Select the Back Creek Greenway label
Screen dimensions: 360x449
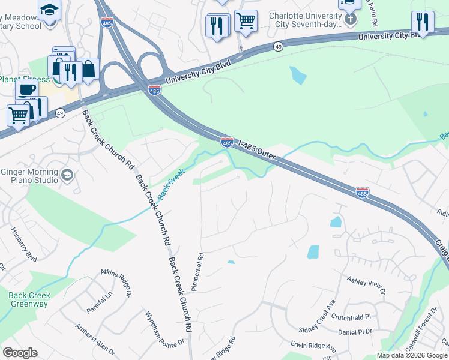pyautogui.click(x=29, y=299)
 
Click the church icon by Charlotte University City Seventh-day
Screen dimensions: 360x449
pyautogui.click(x=351, y=18)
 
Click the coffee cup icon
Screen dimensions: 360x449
pyautogui.click(x=26, y=91)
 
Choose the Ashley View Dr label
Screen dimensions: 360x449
pyautogui.click(x=366, y=285)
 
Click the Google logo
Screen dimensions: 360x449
pyautogui.click(x=20, y=353)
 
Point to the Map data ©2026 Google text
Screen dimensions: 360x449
pyautogui.click(x=412, y=355)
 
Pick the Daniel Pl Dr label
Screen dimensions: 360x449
pyautogui.click(x=355, y=332)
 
